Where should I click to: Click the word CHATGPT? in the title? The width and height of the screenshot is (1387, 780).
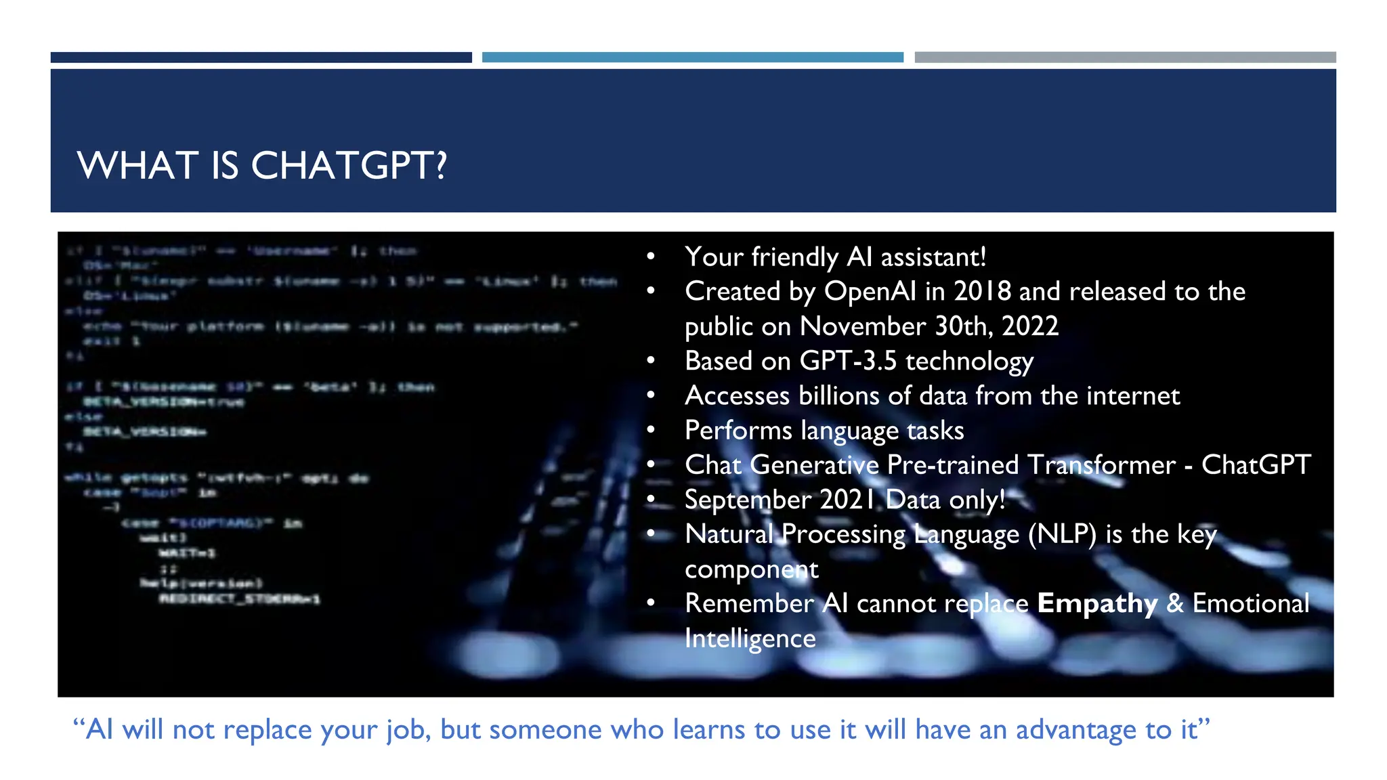tap(349, 165)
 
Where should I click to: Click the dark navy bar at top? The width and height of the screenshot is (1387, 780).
tap(261, 58)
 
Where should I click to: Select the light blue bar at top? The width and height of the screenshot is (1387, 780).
tap(692, 58)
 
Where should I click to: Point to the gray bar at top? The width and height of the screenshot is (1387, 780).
tap(1125, 58)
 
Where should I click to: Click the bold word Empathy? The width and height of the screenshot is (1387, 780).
tap(1097, 603)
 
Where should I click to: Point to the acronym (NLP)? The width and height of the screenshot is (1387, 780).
tap(1062, 534)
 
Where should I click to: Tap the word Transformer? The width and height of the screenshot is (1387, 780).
tap(1101, 465)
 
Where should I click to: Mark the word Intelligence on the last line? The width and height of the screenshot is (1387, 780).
tap(750, 638)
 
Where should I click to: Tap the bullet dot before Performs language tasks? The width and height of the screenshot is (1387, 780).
tap(651, 430)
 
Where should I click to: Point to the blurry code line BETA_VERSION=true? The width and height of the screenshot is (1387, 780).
tap(163, 402)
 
